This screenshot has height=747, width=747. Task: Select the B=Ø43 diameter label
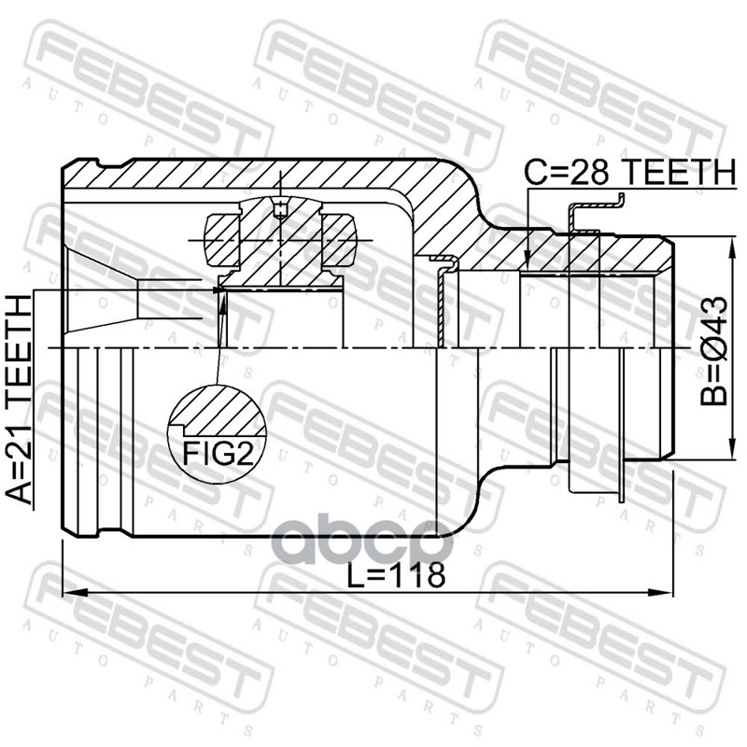(x=713, y=351)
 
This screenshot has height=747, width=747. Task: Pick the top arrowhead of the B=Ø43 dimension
(x=728, y=245)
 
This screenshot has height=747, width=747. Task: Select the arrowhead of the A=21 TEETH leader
(x=218, y=290)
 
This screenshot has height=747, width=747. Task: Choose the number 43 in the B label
(x=713, y=315)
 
